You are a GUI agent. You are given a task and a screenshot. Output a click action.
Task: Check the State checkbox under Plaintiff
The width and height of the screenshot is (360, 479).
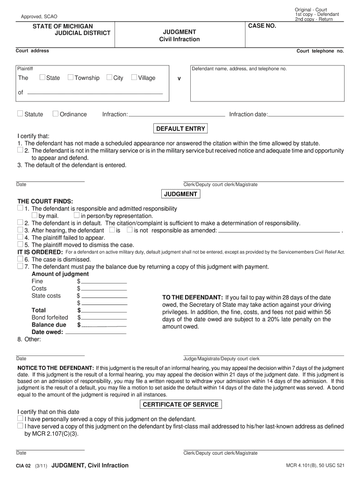pos(43,77)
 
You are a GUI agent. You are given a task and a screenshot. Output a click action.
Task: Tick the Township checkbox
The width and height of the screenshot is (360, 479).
pos(71,77)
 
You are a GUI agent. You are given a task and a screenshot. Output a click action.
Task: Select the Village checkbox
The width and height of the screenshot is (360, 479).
pos(134,77)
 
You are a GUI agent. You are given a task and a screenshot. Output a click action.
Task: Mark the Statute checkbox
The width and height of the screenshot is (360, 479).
pos(20,114)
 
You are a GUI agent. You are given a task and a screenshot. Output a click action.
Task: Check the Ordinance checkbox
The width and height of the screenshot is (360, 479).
pos(55,114)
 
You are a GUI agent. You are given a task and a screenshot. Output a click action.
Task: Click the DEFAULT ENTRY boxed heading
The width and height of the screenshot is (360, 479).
pos(180,129)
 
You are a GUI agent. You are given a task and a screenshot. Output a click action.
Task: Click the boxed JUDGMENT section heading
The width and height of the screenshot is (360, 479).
pos(180,194)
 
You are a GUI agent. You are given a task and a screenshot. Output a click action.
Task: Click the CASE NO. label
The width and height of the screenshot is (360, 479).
pos(262,26)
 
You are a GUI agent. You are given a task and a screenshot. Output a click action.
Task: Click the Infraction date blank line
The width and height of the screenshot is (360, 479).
pos(306,115)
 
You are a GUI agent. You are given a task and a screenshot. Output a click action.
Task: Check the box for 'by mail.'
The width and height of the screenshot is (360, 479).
pos(35,216)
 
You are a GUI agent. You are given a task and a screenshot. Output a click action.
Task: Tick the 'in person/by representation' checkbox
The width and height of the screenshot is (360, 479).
pos(77,216)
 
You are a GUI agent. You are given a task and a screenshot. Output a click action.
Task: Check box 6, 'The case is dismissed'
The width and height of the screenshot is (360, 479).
pos(20,259)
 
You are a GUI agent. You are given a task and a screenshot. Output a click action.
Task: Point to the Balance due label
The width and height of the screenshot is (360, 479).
pos(49,325)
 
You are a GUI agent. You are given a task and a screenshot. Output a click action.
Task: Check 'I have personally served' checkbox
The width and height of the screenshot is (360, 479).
pos(20,419)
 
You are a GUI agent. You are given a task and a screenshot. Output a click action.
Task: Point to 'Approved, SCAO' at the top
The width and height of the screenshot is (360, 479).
pos(39,17)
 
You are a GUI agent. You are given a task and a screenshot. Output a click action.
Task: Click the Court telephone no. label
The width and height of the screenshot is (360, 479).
pos(320,51)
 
